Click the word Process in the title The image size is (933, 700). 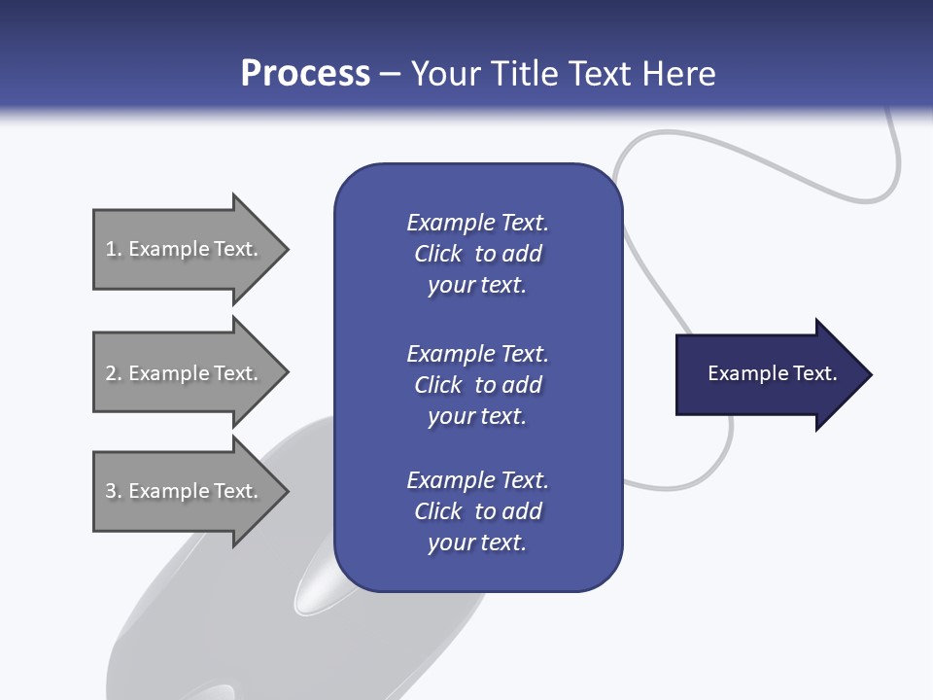pyautogui.click(x=305, y=74)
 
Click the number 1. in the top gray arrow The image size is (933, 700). pyautogui.click(x=113, y=249)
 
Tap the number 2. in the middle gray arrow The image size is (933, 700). pyautogui.click(x=113, y=373)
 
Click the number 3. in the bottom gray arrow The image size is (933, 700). pyautogui.click(x=113, y=491)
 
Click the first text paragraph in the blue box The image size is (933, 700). pyautogui.click(x=477, y=254)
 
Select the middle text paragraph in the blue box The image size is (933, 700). pyautogui.click(x=477, y=384)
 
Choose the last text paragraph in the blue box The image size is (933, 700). pyautogui.click(x=477, y=511)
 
